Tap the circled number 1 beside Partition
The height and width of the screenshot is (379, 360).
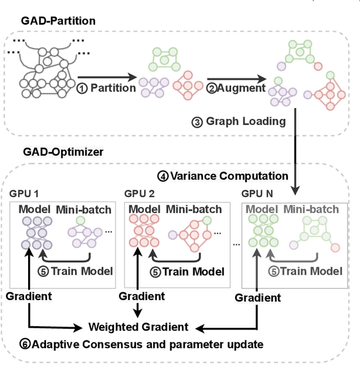click(82, 88)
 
